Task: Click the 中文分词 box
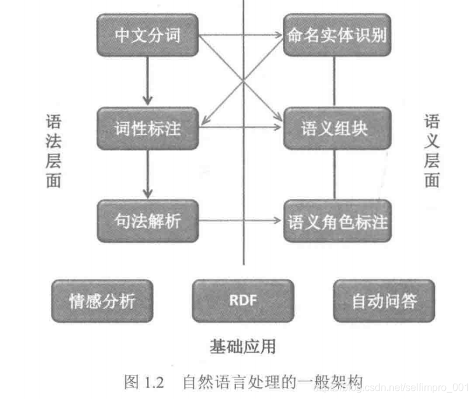(148, 35)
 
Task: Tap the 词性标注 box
(148, 129)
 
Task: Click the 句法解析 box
(148, 221)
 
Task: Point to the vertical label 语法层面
(53, 151)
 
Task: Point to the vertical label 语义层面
(432, 151)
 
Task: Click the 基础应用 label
(242, 346)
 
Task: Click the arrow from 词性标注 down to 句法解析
(148, 175)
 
